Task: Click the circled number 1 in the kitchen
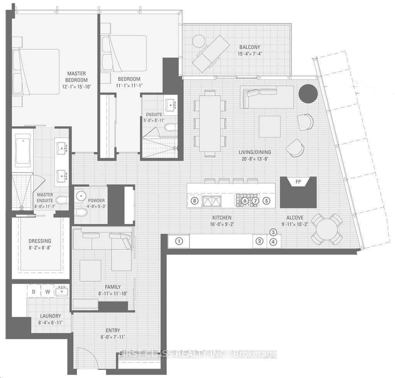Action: click(x=179, y=241)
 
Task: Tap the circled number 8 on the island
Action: click(x=194, y=201)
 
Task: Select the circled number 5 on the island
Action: click(x=266, y=201)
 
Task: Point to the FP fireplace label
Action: click(x=298, y=182)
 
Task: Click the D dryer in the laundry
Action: click(x=34, y=292)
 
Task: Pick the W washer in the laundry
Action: click(x=47, y=292)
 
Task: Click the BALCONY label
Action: click(x=250, y=47)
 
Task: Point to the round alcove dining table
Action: click(x=327, y=229)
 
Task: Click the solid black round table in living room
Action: click(x=308, y=93)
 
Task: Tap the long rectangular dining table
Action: click(x=210, y=123)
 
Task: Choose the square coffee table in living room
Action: click(x=270, y=127)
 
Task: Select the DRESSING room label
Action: click(x=40, y=241)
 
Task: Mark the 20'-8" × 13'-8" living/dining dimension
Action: click(x=255, y=159)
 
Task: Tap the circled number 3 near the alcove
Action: click(x=273, y=232)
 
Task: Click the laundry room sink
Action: click(x=62, y=291)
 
